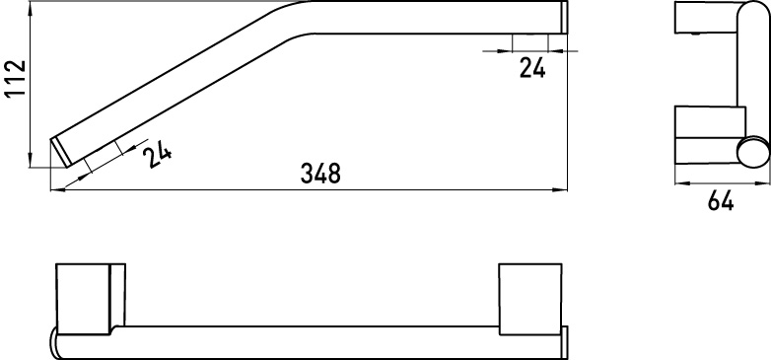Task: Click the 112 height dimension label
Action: [x=15, y=79]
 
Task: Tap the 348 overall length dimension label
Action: [x=320, y=175]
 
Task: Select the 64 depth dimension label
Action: [x=721, y=201]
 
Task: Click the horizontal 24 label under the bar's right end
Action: [x=532, y=68]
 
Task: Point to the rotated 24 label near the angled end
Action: [x=157, y=155]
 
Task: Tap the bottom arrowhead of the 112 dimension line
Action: [x=31, y=161]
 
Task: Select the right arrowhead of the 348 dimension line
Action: [x=560, y=189]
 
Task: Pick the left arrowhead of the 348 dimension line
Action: [x=58, y=189]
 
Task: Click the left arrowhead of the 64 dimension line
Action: [x=682, y=183]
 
